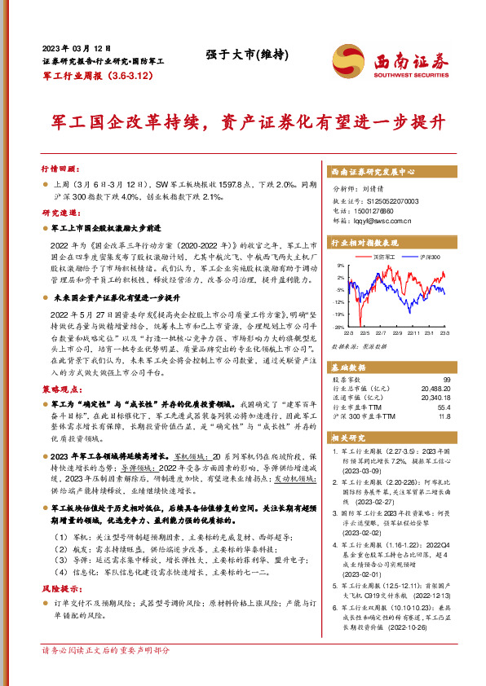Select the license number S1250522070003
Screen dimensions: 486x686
tap(387, 200)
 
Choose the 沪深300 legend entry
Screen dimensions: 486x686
tap(428, 257)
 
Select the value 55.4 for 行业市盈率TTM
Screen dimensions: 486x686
tap(444, 407)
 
